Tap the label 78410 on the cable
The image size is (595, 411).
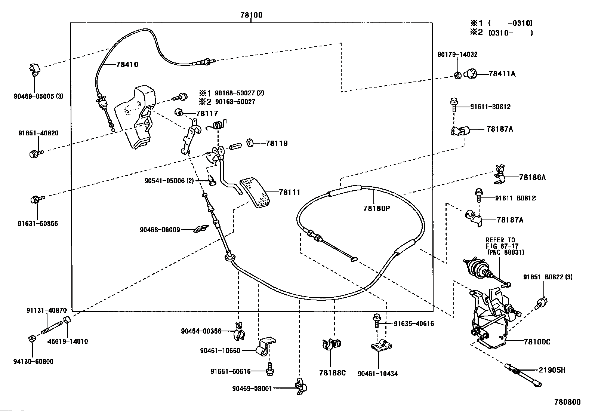(127, 64)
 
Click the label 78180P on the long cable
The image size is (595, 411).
(376, 208)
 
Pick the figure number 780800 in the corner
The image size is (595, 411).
(567, 402)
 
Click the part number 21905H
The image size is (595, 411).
(552, 370)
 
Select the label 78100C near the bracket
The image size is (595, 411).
(537, 342)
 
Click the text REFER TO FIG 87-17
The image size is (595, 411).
(500, 243)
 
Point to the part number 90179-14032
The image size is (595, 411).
(457, 55)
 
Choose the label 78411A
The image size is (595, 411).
(502, 74)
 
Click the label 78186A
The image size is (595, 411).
(532, 177)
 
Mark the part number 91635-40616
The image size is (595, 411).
(414, 323)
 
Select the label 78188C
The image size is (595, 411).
(332, 373)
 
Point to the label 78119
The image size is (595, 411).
(277, 143)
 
